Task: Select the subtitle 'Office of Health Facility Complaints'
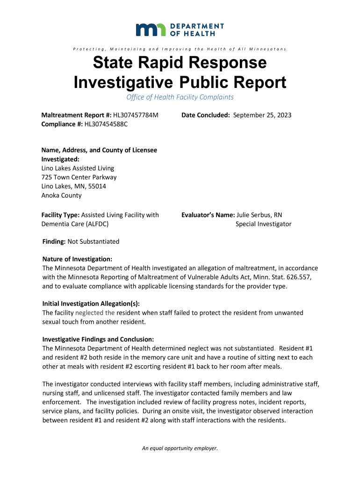click(180, 97)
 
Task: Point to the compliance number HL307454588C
click(106, 124)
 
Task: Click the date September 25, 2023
click(262, 115)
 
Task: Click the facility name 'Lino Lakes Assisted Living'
click(78, 168)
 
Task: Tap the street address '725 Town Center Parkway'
click(79, 177)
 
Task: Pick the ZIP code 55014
click(97, 186)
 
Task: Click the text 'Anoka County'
click(62, 196)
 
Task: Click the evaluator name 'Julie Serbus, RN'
click(260, 215)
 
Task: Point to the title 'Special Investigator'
click(263, 224)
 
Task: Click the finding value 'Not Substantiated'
click(94, 242)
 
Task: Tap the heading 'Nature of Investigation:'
click(77, 259)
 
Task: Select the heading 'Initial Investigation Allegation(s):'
click(91, 303)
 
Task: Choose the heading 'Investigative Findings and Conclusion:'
click(98, 339)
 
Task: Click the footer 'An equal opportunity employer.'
click(180, 449)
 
